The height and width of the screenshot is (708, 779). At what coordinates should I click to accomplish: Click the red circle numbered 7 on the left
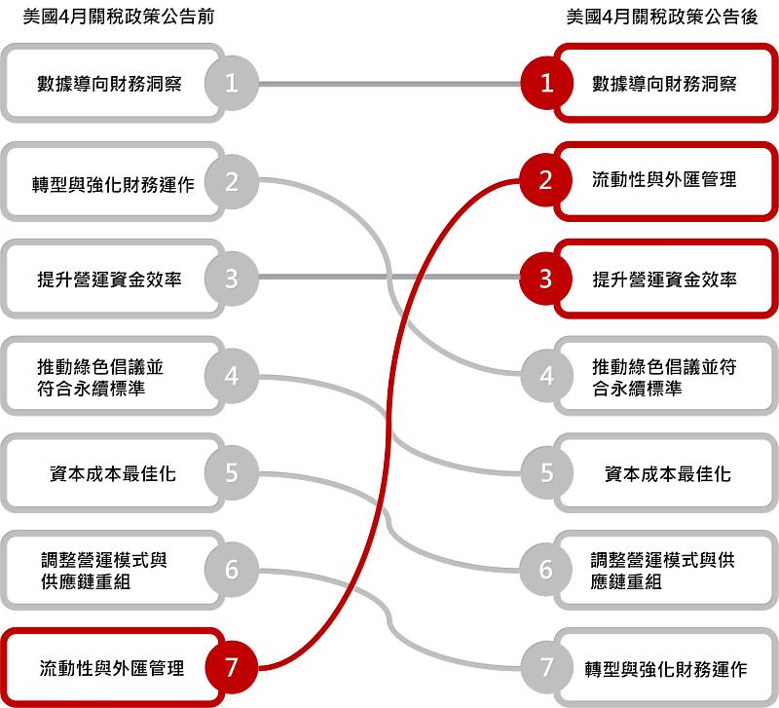232,667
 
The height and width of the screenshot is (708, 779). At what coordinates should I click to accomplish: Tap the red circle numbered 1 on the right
546,83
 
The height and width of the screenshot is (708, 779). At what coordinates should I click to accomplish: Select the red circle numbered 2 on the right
546,180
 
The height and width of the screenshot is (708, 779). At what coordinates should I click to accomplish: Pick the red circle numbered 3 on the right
546,279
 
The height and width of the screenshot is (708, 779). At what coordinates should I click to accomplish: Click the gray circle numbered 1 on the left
232,83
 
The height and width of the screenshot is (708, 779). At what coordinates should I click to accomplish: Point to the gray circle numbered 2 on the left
232,180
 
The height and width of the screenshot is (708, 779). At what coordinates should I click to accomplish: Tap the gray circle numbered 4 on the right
546,376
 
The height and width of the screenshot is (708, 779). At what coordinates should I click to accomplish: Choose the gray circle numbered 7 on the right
546,668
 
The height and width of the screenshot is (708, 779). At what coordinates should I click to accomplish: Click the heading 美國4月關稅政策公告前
118,18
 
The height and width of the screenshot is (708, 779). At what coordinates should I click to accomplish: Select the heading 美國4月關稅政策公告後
662,18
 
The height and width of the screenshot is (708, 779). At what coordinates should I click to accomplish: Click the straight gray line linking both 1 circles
389,83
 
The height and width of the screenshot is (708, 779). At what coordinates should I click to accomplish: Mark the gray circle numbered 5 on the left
232,473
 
